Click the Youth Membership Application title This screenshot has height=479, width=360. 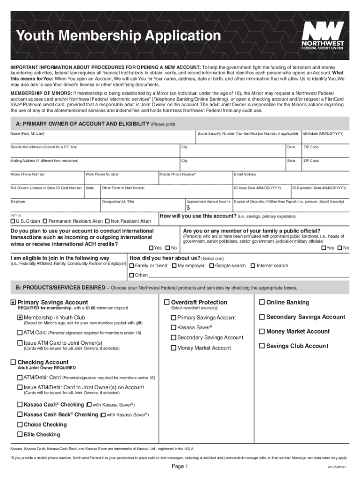click(x=118, y=36)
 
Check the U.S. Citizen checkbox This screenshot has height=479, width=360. click(x=13, y=221)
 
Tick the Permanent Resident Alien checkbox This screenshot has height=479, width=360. click(x=45, y=221)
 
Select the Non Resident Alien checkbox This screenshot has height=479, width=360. click(x=108, y=221)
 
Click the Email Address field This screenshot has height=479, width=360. click(x=290, y=179)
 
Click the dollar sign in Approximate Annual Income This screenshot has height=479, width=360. click(x=188, y=208)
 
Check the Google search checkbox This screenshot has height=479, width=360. click(x=211, y=266)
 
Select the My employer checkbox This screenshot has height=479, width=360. click(x=174, y=266)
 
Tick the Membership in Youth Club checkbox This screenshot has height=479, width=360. click(x=20, y=318)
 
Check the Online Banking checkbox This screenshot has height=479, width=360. click(x=262, y=302)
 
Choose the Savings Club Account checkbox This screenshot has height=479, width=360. click(x=262, y=346)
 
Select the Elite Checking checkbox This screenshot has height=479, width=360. click(x=20, y=435)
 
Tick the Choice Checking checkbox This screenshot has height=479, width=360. click(x=20, y=425)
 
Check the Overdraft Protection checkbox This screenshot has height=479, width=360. click(x=167, y=302)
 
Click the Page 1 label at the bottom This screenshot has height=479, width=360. click(x=180, y=467)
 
